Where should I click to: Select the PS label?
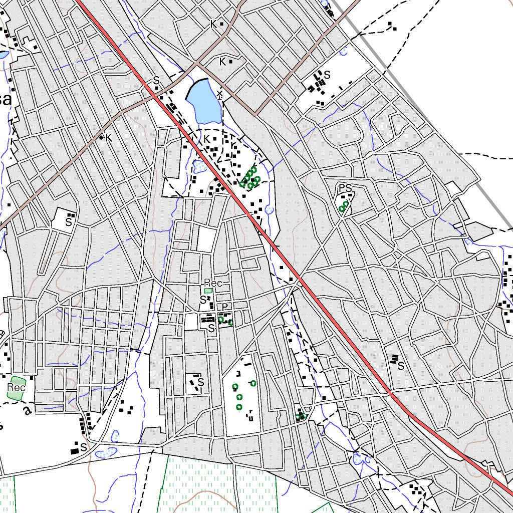click(x=345, y=188)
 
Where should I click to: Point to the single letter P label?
click(x=225, y=307)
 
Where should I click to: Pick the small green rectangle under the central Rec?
click(x=208, y=291)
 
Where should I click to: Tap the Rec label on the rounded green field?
click(x=16, y=388)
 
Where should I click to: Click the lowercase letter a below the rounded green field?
click(x=28, y=410)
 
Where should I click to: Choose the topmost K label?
click(x=213, y=24)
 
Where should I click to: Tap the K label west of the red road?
click(x=109, y=137)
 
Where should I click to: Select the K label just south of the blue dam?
click(x=206, y=139)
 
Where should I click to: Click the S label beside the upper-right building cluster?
click(x=327, y=75)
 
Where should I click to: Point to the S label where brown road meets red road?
click(x=156, y=80)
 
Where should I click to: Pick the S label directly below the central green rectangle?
click(x=203, y=300)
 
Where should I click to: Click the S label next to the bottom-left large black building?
click(x=84, y=446)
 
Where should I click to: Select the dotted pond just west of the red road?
click(x=199, y=165)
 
